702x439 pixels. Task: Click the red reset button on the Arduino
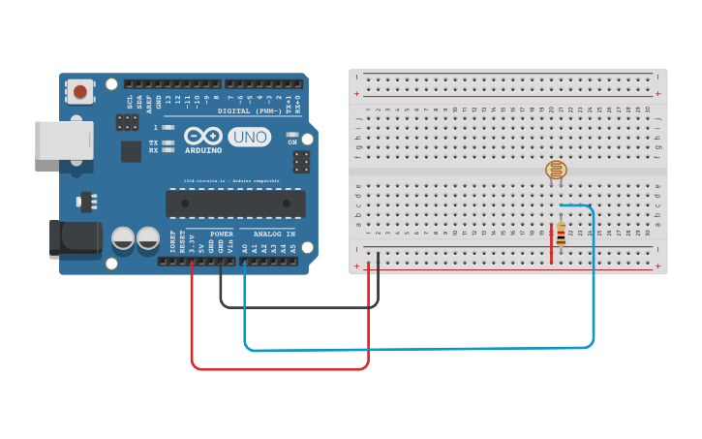[79, 93]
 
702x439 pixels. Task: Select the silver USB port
[64, 140]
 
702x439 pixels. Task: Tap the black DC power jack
[75, 239]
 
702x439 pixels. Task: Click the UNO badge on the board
[249, 138]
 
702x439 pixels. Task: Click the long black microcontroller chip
[235, 204]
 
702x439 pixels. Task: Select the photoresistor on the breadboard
[556, 172]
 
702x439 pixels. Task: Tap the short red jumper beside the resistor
[552, 242]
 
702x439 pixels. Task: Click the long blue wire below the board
[416, 348]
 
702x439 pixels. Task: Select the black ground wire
[300, 306]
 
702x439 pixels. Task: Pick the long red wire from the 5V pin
[281, 368]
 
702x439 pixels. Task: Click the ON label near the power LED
[292, 142]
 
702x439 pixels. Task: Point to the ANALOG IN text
[274, 235]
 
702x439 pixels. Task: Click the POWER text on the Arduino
[222, 235]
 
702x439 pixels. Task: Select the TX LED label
[153, 142]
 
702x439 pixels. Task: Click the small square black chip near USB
[131, 151]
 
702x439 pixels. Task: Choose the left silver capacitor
[123, 238]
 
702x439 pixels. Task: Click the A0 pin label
[244, 249]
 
